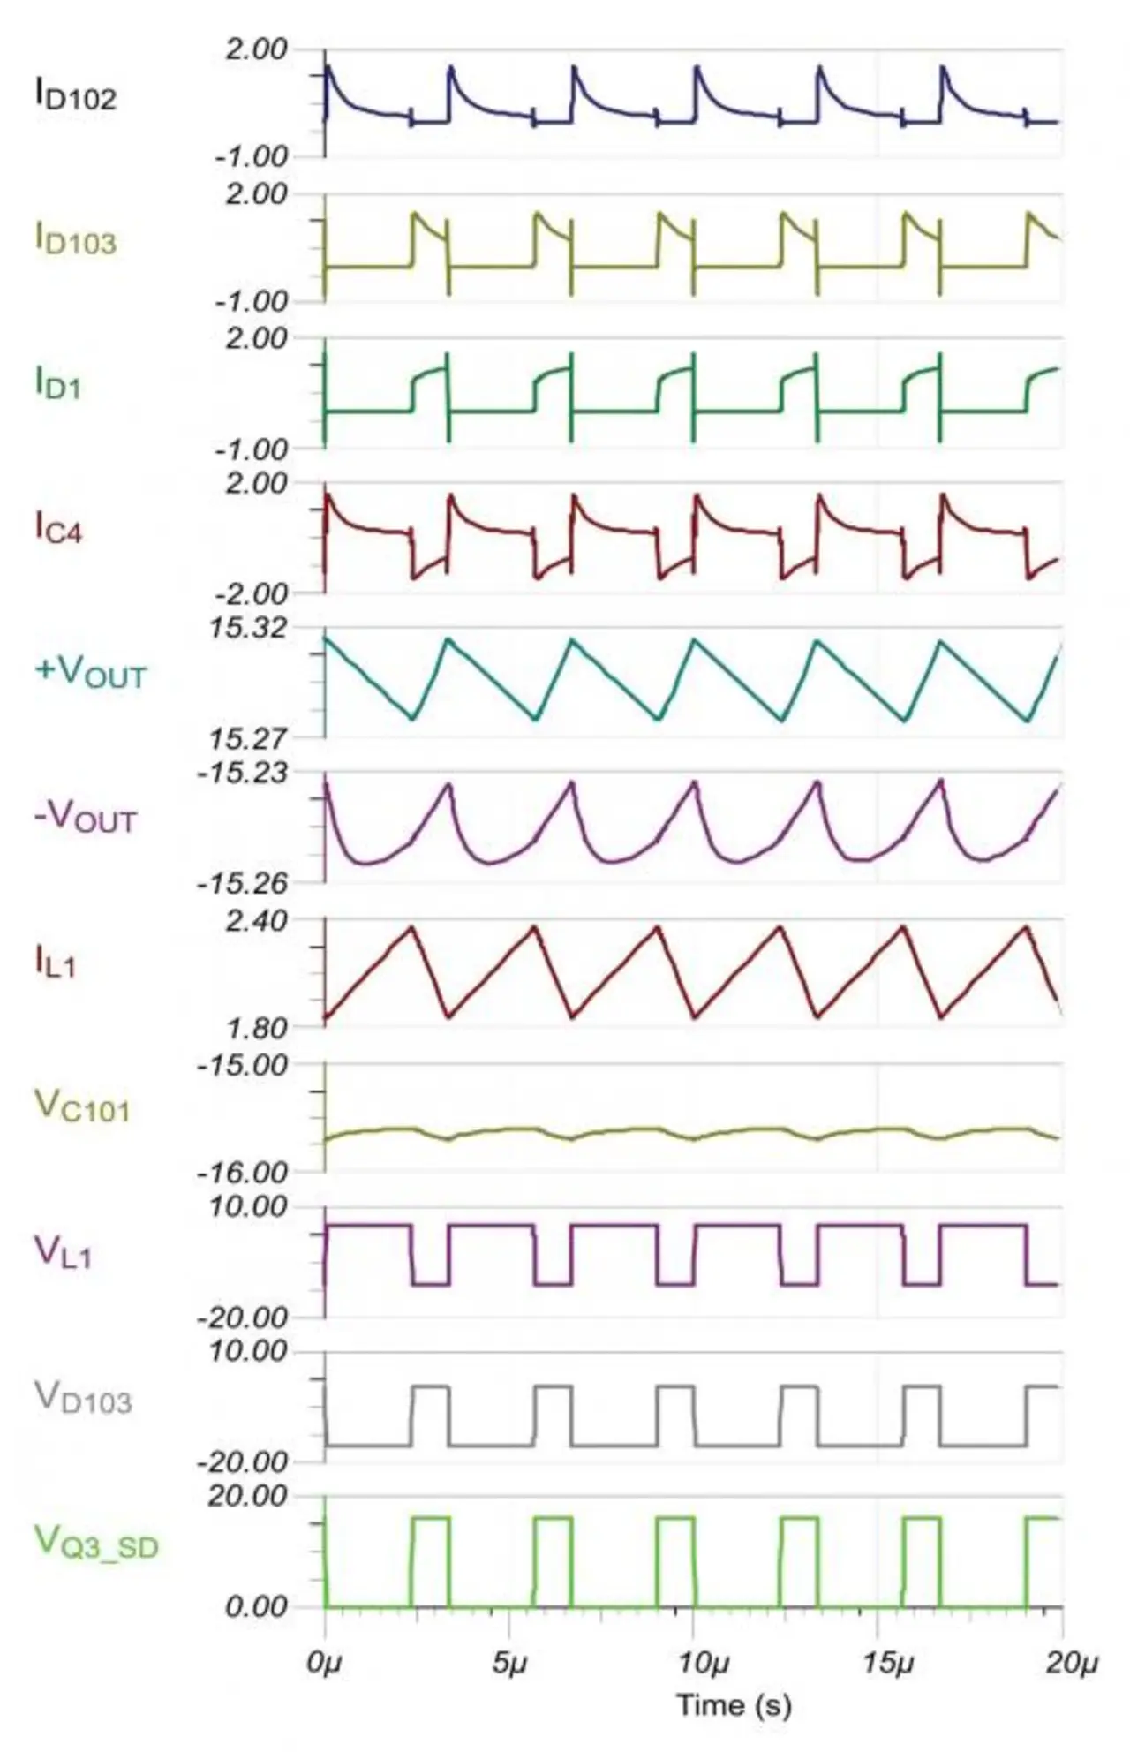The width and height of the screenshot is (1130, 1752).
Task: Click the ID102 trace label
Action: pyautogui.click(x=75, y=94)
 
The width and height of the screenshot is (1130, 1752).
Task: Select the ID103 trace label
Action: pyautogui.click(x=75, y=239)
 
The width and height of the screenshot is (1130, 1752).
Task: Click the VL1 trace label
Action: pyautogui.click(x=63, y=1252)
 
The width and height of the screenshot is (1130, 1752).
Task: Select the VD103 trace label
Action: pyautogui.click(x=83, y=1397)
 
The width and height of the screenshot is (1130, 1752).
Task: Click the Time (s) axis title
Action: pyautogui.click(x=734, y=1704)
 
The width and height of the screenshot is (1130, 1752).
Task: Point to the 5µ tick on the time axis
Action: pyautogui.click(x=508, y=1664)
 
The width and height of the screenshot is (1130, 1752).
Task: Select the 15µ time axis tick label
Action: pyautogui.click(x=887, y=1664)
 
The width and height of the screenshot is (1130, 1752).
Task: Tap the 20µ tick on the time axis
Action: pyautogui.click(x=1072, y=1664)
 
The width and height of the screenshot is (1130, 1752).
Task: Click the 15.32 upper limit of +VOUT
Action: pyautogui.click(x=248, y=629)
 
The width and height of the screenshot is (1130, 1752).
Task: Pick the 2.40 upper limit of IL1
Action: pyautogui.click(x=256, y=921)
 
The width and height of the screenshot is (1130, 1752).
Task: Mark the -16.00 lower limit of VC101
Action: pyautogui.click(x=243, y=1173)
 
